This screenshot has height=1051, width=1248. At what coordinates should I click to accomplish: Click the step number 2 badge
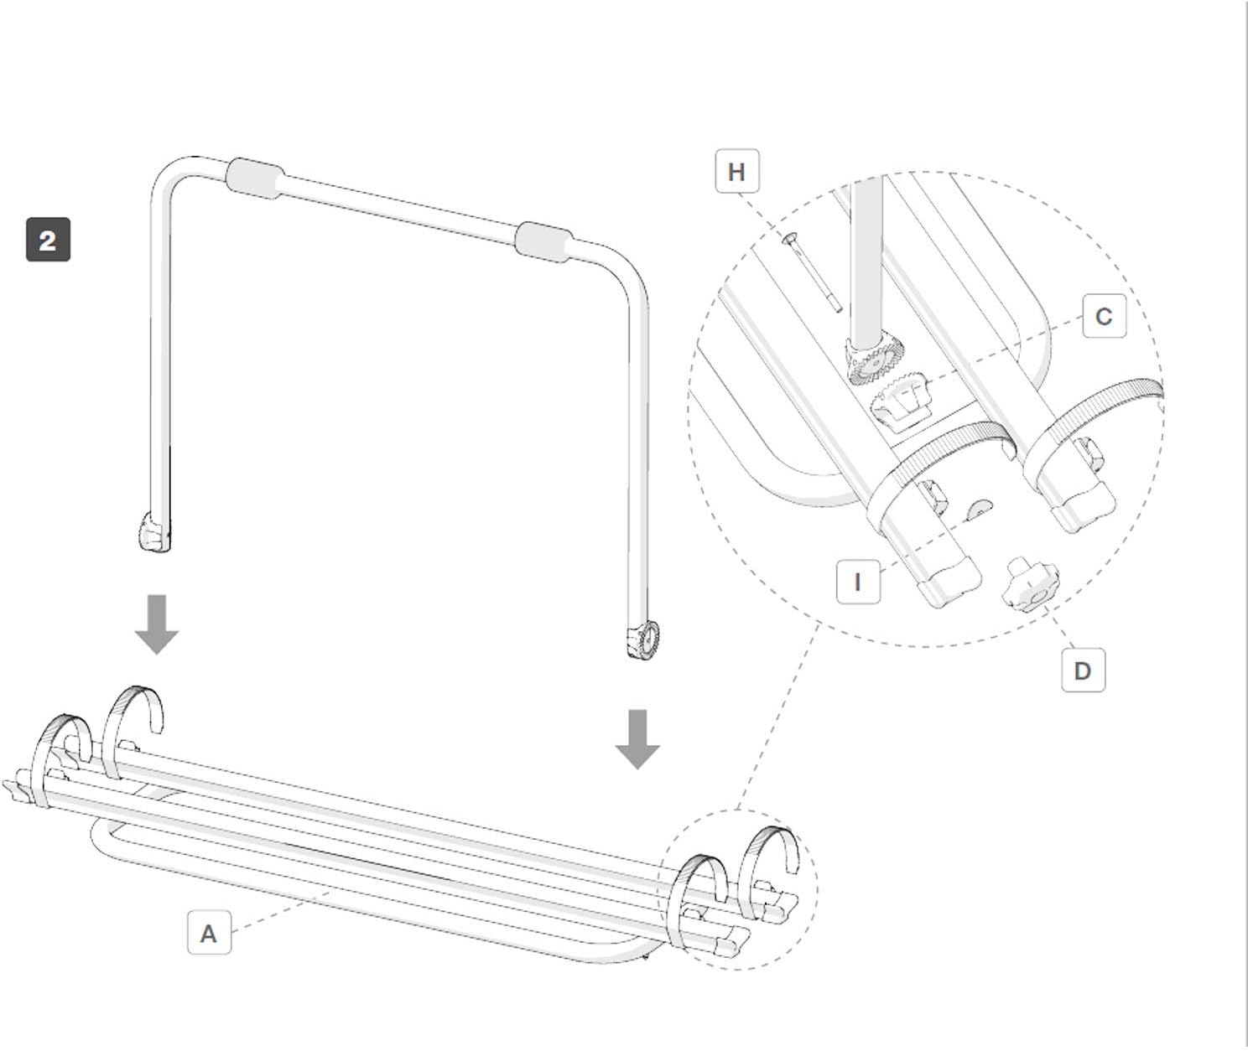[x=48, y=240]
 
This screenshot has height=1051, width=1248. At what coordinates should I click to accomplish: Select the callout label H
[x=736, y=172]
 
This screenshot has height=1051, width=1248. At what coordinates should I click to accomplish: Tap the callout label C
[x=1104, y=317]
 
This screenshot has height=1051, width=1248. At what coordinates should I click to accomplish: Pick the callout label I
[x=858, y=582]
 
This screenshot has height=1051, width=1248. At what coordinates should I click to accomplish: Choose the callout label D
[x=1083, y=670]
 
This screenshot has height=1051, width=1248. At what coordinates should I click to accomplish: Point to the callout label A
[x=209, y=932]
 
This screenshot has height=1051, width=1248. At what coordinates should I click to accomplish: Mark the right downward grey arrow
[x=637, y=738]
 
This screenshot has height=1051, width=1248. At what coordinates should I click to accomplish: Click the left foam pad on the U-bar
[x=254, y=179]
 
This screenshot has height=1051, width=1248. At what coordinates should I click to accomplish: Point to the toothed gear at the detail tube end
[x=876, y=361]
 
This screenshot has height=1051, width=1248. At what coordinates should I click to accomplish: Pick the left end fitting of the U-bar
[x=153, y=534]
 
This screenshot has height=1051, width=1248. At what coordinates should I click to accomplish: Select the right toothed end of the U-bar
[x=643, y=640]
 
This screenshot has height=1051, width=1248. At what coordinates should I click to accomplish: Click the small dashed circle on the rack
[x=737, y=889]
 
